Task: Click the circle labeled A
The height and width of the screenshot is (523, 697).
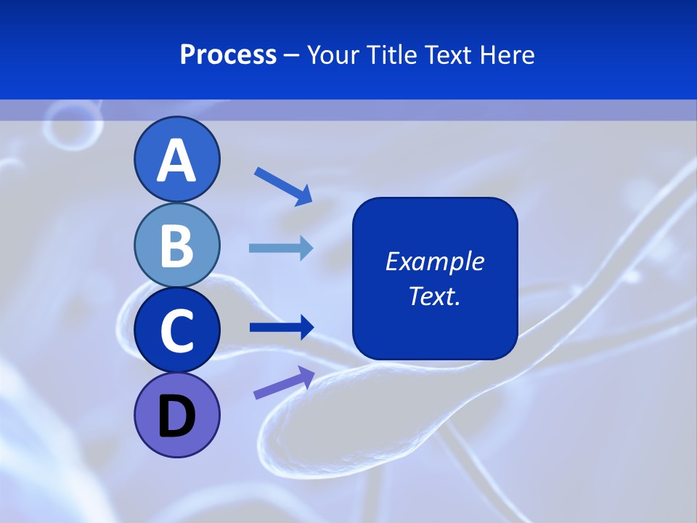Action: click(176, 159)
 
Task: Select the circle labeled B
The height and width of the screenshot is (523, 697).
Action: click(176, 245)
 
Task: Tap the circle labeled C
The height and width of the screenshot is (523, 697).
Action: click(176, 330)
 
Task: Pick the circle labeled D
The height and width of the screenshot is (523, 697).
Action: click(176, 415)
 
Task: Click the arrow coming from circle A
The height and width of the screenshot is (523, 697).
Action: click(283, 186)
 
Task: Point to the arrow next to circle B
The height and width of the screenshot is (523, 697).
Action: click(281, 248)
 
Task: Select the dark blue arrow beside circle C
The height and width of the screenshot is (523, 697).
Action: click(282, 328)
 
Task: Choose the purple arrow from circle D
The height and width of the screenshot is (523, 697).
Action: click(284, 382)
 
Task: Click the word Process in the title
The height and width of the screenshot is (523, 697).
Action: click(228, 55)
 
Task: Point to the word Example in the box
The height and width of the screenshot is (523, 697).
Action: click(434, 261)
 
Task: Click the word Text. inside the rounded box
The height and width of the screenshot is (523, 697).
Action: click(434, 296)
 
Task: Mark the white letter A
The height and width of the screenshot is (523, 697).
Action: click(176, 161)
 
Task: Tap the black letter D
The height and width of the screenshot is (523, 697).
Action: click(176, 416)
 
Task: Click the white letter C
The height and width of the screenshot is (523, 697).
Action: click(176, 331)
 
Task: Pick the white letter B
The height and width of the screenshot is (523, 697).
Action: click(176, 246)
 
